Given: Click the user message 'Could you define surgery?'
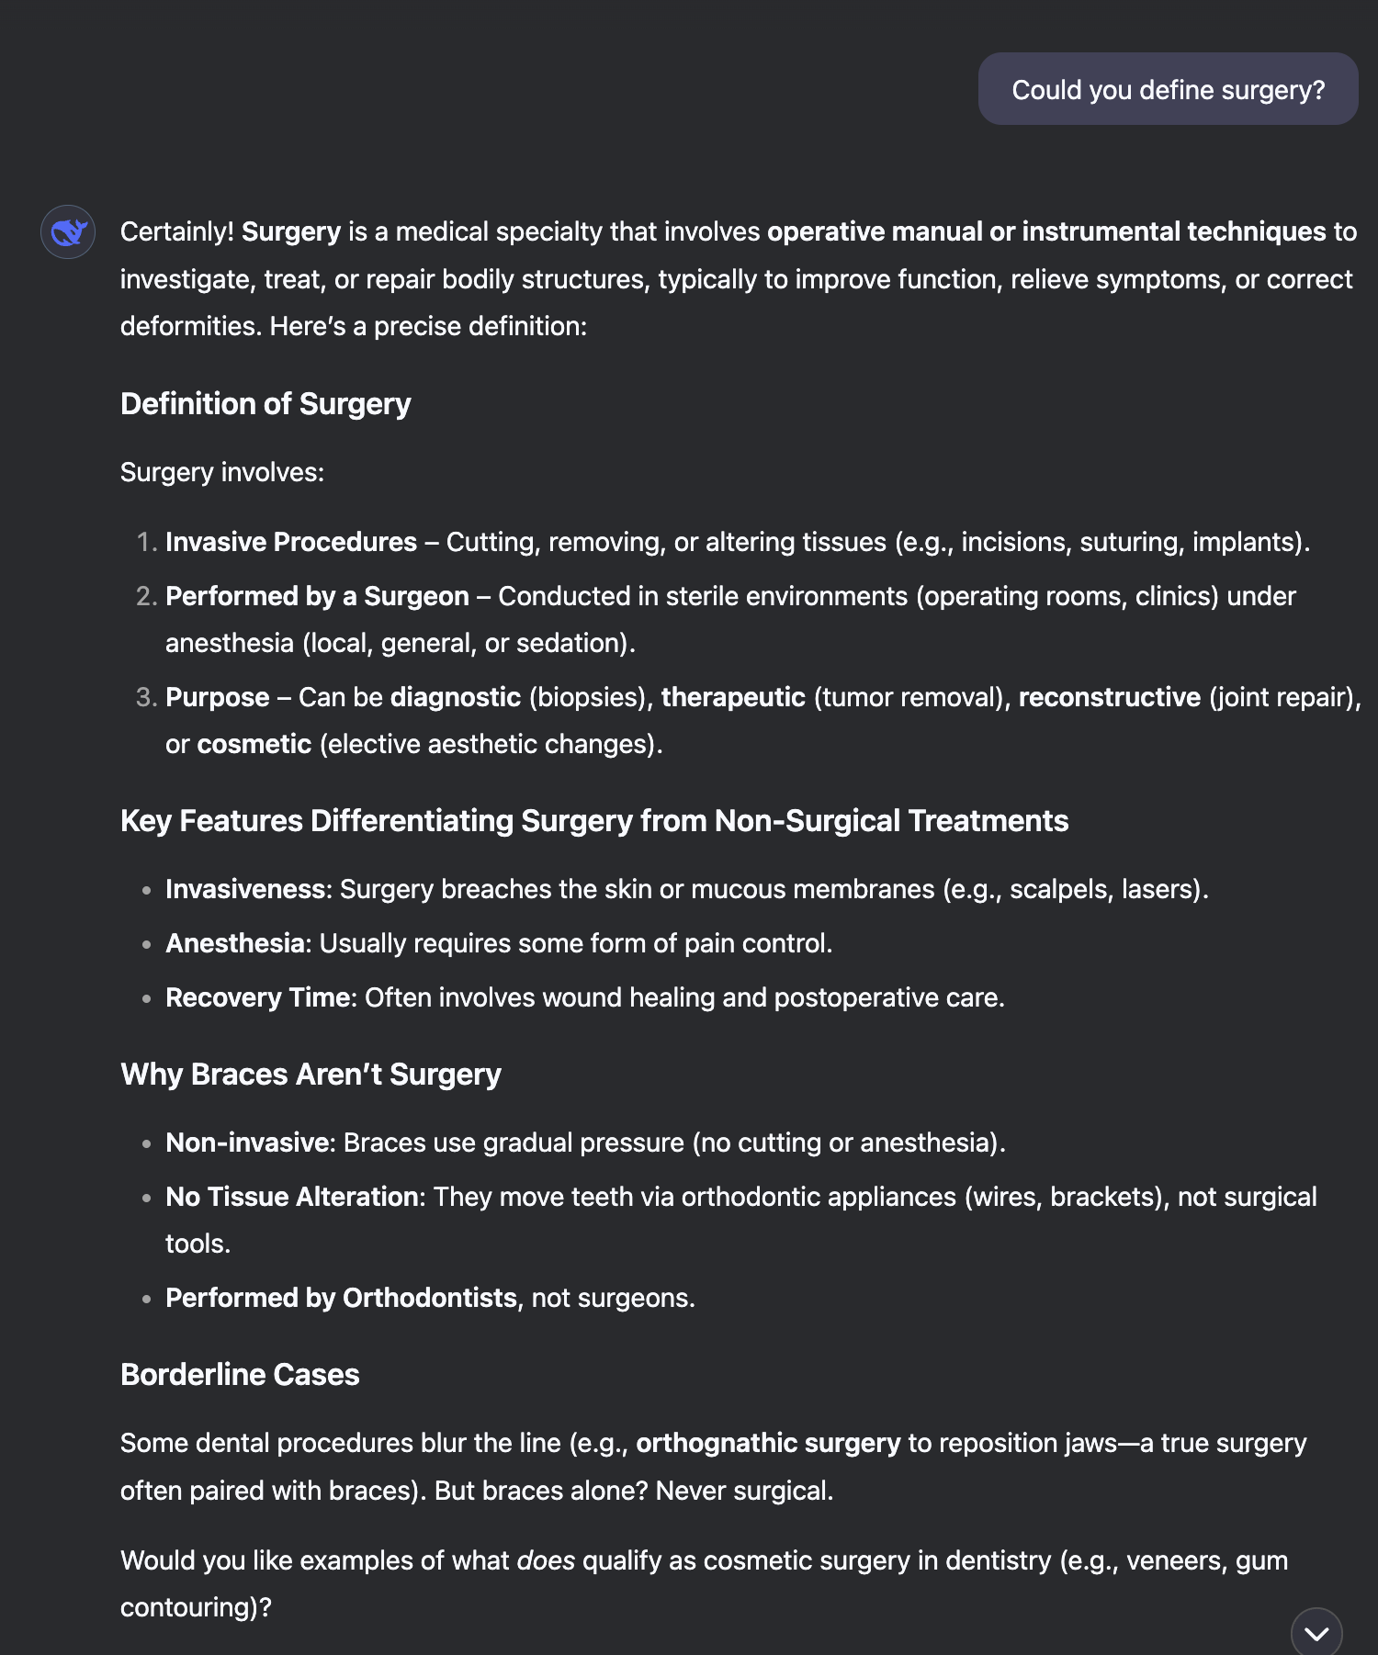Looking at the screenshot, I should (x=1168, y=90).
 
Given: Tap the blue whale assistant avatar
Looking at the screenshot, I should (x=68, y=232).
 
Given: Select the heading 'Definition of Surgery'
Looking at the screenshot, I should (x=265, y=404).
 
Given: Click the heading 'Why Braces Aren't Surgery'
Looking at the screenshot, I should (x=311, y=1075).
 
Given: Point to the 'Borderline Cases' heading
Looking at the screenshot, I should (x=240, y=1375).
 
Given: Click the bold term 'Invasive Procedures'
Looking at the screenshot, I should (x=291, y=542).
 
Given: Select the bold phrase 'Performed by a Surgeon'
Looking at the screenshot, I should (x=317, y=596).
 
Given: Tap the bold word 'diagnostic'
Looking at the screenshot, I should (x=456, y=697).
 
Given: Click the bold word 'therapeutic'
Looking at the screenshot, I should (x=733, y=697).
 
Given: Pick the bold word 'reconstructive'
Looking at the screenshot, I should (x=1109, y=697).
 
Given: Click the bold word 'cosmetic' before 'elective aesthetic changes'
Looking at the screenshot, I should (x=254, y=744).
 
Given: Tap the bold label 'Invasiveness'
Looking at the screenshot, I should (x=245, y=889).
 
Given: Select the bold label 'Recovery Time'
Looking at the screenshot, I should (x=259, y=997).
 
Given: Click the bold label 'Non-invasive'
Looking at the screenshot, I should (x=247, y=1143).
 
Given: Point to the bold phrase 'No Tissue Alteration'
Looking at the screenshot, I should (x=291, y=1197).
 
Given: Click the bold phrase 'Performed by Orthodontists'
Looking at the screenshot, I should (x=341, y=1298).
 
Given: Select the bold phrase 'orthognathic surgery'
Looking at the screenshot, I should (x=768, y=1443).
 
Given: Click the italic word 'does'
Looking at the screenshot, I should (x=546, y=1560).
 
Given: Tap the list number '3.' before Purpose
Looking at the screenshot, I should (x=147, y=697).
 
